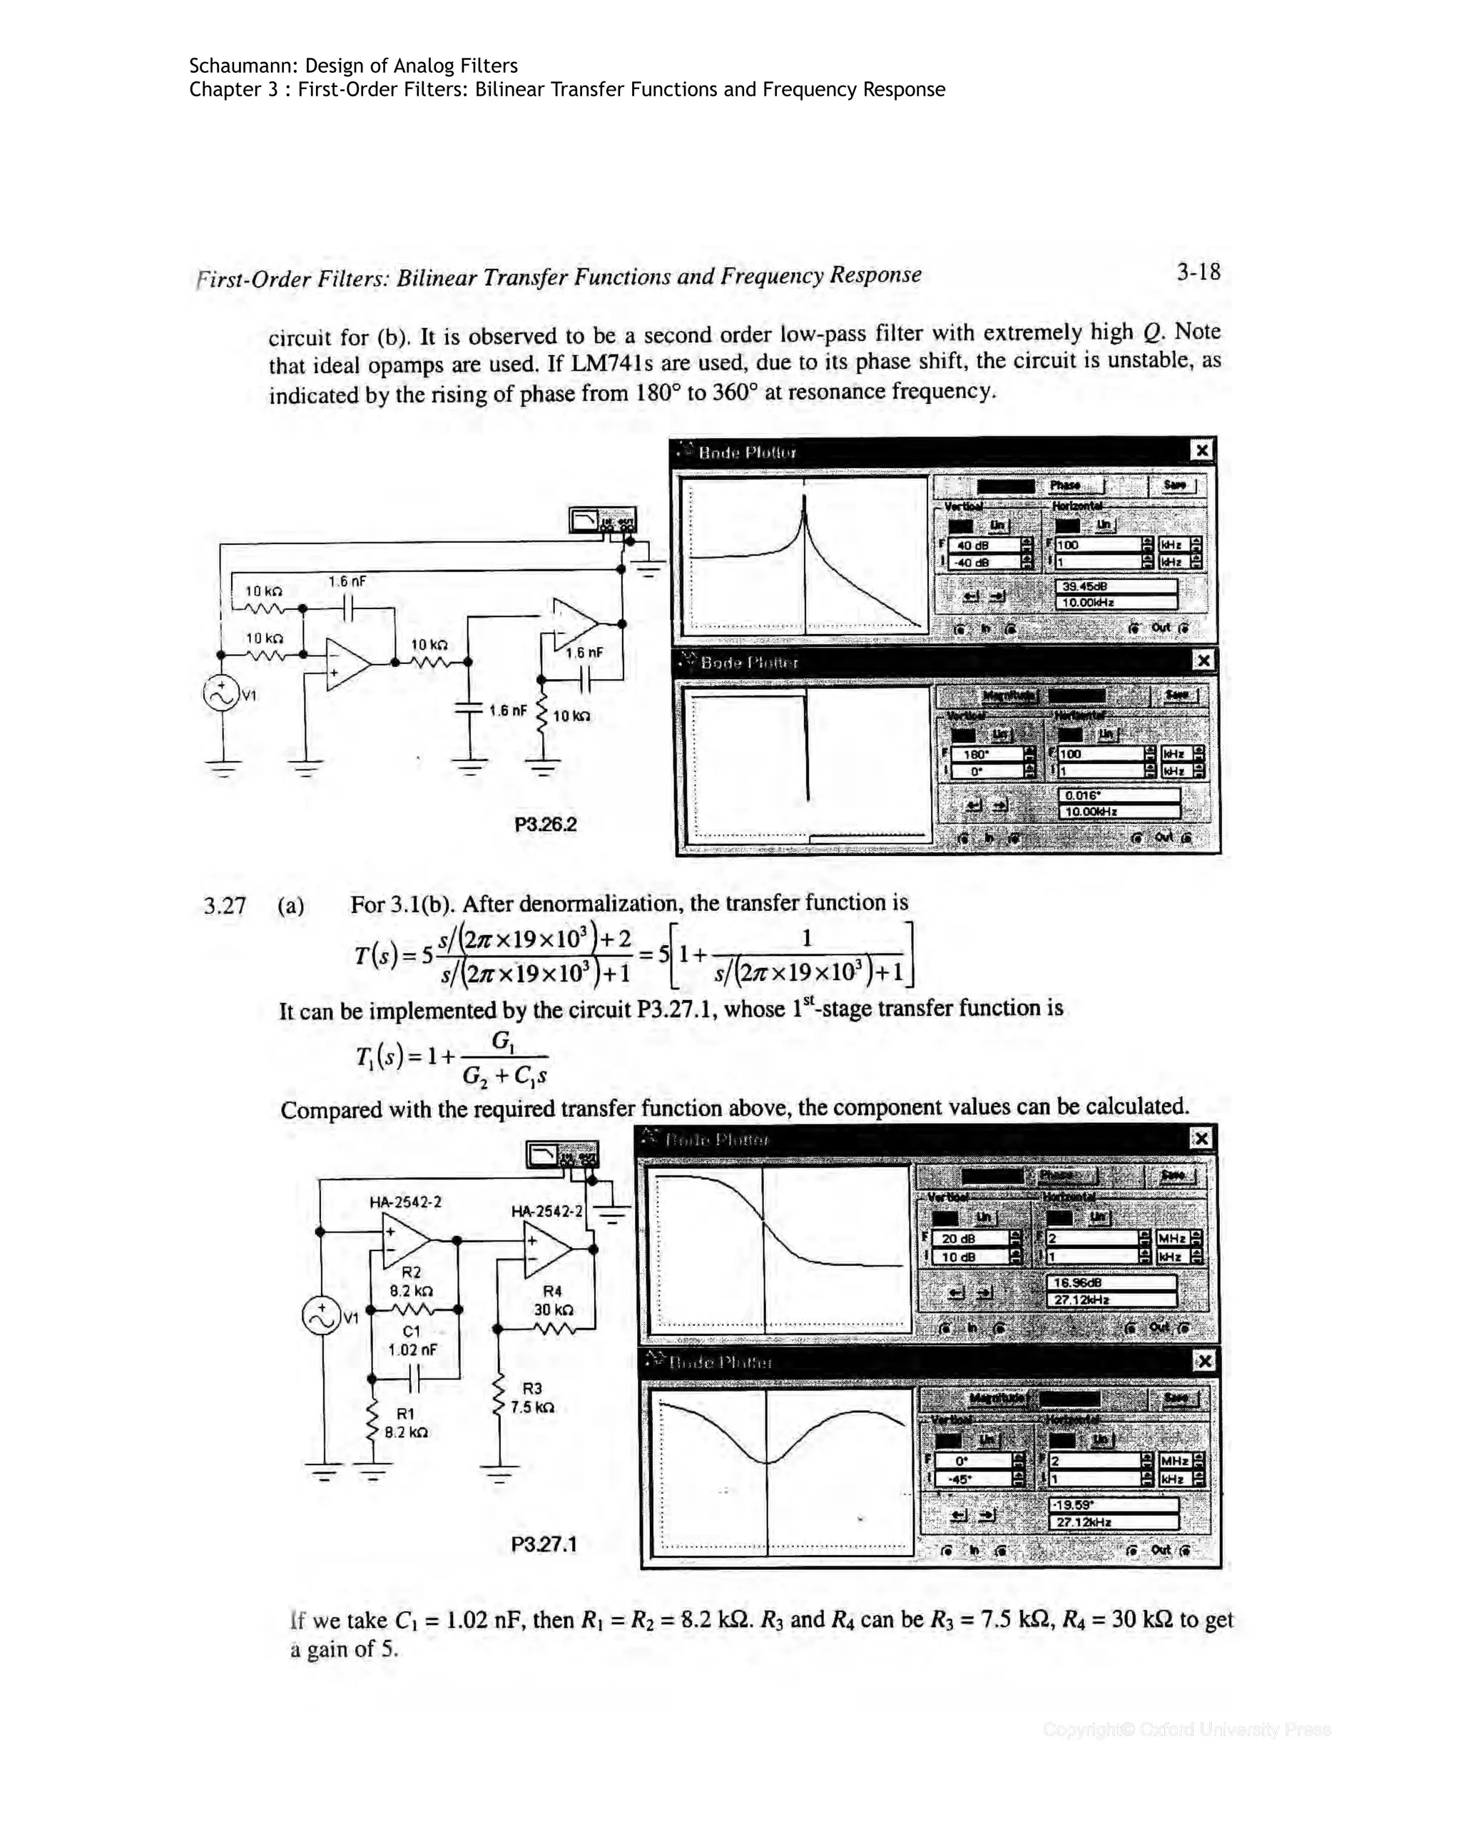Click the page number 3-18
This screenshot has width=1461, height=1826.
coord(1198,272)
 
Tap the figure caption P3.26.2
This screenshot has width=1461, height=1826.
coord(546,824)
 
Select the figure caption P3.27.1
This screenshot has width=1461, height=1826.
coord(544,1544)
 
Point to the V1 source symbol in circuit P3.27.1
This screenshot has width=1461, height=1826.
coord(322,1316)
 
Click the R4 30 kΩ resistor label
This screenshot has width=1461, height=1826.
coord(552,1300)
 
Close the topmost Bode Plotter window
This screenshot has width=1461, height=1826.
coord(1201,451)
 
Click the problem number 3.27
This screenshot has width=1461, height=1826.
coord(225,907)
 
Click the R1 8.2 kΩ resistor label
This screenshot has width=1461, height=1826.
coord(406,1423)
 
